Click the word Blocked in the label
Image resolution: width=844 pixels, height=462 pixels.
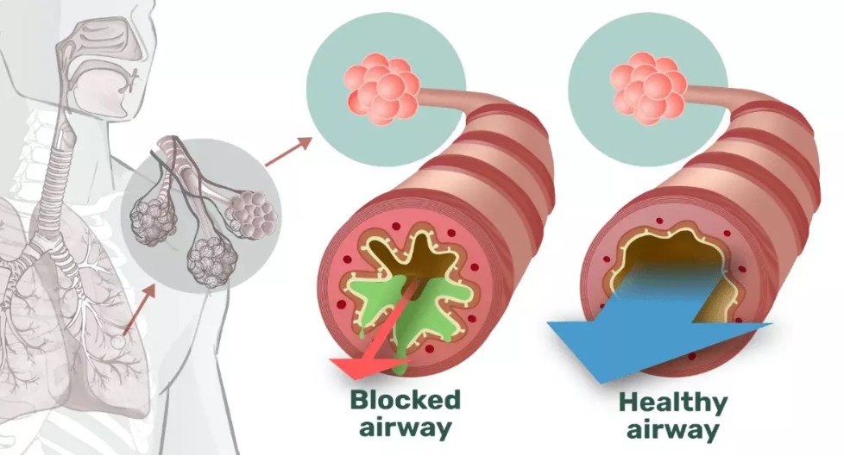click(406, 400)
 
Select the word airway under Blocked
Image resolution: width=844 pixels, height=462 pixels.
click(406, 428)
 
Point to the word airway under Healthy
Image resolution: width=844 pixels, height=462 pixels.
click(673, 431)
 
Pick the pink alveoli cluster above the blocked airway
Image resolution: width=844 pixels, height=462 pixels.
click(381, 87)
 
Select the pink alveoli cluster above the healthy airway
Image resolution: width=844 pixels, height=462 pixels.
click(647, 87)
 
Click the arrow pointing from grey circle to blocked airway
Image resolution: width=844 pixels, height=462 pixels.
click(288, 152)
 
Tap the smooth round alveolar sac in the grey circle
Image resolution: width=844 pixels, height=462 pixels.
click(252, 215)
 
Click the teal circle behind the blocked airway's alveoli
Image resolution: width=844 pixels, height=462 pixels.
click(386, 90)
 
